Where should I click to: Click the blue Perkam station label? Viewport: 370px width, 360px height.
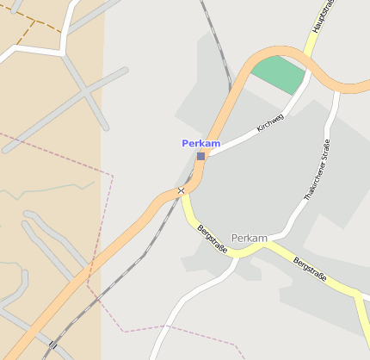click(200, 143)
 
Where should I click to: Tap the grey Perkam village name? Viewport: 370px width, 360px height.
click(250, 237)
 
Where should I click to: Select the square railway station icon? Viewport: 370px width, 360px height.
click(200, 156)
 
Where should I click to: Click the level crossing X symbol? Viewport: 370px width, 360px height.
click(181, 190)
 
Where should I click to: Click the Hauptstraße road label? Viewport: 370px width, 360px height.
click(322, 17)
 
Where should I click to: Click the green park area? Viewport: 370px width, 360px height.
click(280, 74)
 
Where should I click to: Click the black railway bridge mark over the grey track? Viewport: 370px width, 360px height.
click(52, 344)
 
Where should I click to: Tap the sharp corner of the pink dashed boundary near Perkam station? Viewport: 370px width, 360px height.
click(113, 176)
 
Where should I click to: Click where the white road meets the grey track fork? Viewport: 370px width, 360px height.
click(65, 53)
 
